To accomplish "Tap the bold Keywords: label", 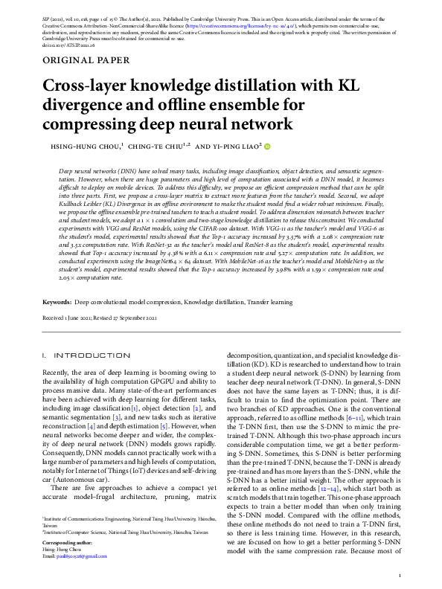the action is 57,303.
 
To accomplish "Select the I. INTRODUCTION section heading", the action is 79,356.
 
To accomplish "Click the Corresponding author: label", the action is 67,543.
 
